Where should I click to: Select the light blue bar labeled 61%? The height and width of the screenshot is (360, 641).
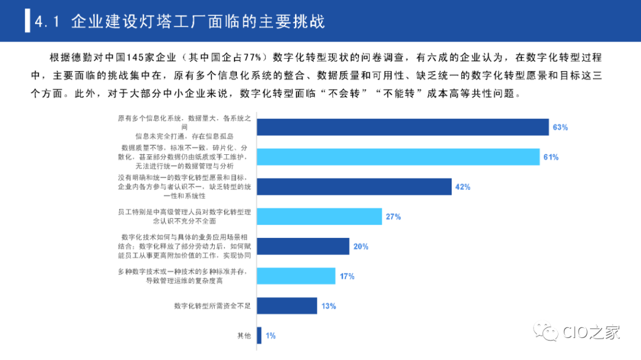[398, 157]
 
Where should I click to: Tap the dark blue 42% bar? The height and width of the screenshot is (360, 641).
[354, 187]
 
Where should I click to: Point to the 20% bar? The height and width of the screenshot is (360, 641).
[303, 246]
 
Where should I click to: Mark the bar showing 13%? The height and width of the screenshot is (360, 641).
[287, 306]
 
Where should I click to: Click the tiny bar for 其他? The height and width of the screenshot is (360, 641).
[259, 336]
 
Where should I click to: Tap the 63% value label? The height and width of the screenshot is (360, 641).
[560, 128]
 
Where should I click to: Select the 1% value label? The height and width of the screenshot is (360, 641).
[271, 336]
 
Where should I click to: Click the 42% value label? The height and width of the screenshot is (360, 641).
[462, 187]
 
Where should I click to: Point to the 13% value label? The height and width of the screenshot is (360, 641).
[328, 306]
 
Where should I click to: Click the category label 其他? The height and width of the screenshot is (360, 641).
[244, 336]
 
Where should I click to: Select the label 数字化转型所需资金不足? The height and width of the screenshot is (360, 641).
[212, 306]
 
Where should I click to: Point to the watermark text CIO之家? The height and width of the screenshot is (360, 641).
[591, 332]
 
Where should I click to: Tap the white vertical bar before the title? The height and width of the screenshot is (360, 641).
[27, 21]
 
